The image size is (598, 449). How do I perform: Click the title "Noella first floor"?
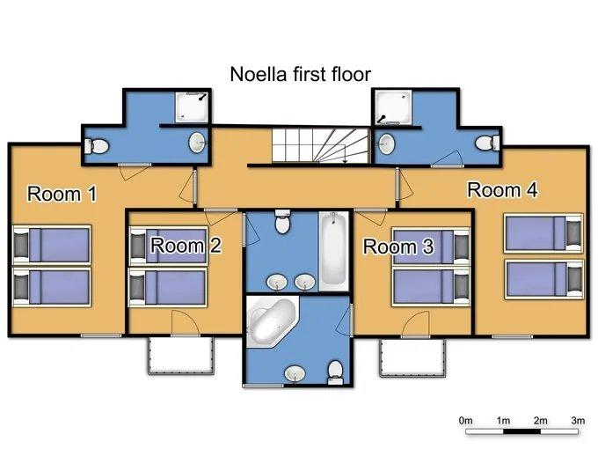pos(300,74)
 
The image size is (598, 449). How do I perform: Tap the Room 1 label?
pos(62,194)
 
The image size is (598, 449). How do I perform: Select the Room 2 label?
pos(186,245)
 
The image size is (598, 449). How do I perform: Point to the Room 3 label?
pos(398,247)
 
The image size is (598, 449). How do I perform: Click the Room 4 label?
pos(503,190)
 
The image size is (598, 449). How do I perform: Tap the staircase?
pos(321,145)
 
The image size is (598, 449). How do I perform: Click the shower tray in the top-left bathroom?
pos(192,107)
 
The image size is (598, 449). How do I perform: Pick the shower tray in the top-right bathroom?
pos(393,107)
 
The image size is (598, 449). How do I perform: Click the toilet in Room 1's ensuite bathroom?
pos(97,146)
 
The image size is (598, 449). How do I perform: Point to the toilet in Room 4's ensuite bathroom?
pos(487,144)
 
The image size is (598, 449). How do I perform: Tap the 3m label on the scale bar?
pos(578,420)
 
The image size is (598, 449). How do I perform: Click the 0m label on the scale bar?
pos(466,420)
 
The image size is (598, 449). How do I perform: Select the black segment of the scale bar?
pos(521,431)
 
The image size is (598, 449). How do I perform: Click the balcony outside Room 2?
pos(181,356)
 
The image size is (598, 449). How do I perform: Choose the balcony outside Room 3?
pos(412,357)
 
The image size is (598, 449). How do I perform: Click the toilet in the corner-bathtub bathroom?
pos(335,372)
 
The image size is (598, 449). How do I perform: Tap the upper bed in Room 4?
pos(543,233)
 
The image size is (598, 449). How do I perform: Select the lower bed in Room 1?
pos(52,287)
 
